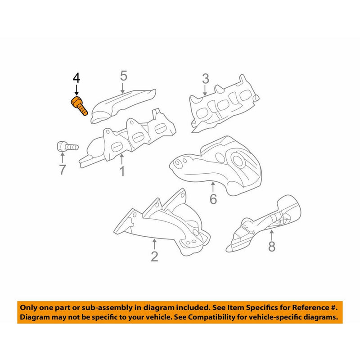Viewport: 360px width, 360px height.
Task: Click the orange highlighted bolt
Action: (79, 106)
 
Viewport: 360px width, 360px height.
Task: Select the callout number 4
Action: (76, 78)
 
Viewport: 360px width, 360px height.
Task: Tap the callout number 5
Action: (123, 76)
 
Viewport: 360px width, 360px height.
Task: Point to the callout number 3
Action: (206, 79)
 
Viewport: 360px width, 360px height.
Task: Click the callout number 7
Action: (63, 170)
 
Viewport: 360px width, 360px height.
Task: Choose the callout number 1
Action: (122, 171)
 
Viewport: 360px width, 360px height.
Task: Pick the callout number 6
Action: (213, 199)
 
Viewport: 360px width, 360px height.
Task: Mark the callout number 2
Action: (154, 256)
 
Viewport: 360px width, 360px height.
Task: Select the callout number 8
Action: (272, 247)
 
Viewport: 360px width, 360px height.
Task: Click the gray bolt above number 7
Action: (67, 147)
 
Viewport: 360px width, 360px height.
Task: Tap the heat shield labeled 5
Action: (123, 106)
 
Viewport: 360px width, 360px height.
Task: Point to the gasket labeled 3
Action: (224, 103)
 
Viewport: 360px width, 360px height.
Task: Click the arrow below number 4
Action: (76, 90)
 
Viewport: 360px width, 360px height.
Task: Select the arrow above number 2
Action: (154, 244)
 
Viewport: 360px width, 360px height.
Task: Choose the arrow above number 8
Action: (272, 234)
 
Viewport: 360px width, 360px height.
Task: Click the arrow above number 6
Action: (213, 187)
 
